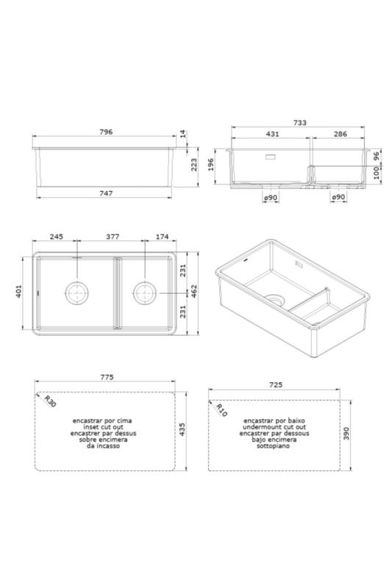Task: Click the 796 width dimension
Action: coord(105,132)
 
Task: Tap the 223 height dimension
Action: coord(195,166)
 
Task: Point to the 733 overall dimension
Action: coord(299,123)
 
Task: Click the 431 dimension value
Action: coord(272,135)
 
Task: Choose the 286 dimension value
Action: coord(340,135)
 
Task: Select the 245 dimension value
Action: coord(57,237)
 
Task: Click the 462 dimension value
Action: coord(195,293)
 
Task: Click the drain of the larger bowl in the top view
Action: coord(76,293)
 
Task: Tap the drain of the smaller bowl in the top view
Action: coord(144,293)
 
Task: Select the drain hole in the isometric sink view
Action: coord(275,299)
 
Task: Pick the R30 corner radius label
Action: coord(49,402)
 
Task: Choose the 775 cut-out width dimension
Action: coord(105,377)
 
